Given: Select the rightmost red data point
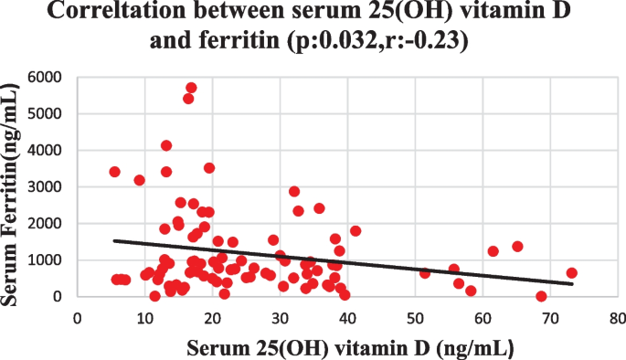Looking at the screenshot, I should pyautogui.click(x=572, y=273).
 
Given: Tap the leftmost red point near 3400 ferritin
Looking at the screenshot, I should pyautogui.click(x=114, y=172).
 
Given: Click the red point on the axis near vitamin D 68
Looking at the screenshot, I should pyautogui.click(x=541, y=296).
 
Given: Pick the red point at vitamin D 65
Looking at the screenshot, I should pyautogui.click(x=517, y=247).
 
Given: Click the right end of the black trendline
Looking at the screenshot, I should pyautogui.click(x=572, y=284).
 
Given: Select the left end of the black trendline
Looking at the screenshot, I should pyautogui.click(x=114, y=241).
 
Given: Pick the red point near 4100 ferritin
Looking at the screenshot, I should pyautogui.click(x=166, y=145).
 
